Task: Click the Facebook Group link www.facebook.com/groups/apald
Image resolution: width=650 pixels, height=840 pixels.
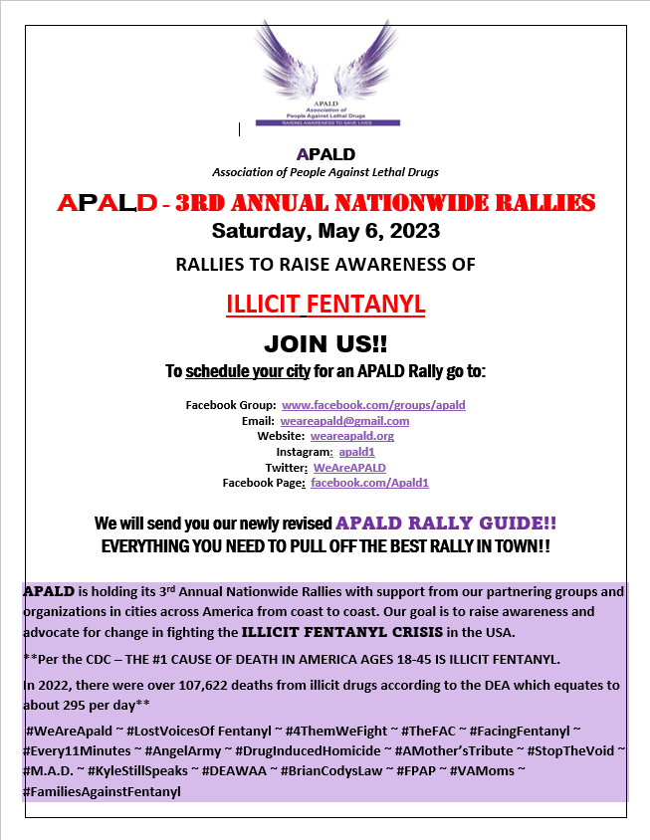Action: click(373, 406)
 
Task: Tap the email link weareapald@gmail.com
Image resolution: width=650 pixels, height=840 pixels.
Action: click(344, 421)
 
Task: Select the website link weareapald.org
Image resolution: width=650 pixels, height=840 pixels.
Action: click(351, 437)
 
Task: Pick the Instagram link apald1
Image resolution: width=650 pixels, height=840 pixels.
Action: click(356, 452)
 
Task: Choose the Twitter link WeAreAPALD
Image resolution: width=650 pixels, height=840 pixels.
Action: click(349, 468)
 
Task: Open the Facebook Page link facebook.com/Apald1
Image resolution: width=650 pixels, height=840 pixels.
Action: click(369, 483)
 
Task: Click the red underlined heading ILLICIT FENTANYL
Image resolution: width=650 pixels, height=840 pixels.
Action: click(325, 304)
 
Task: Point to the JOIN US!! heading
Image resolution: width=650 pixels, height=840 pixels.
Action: click(325, 344)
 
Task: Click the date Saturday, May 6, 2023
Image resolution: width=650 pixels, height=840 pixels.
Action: click(325, 233)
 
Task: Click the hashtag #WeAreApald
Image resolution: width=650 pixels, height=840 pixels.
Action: click(68, 733)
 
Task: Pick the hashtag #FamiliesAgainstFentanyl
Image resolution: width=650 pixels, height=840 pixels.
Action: click(101, 791)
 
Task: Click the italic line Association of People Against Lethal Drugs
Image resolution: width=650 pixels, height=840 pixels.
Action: click(325, 172)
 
